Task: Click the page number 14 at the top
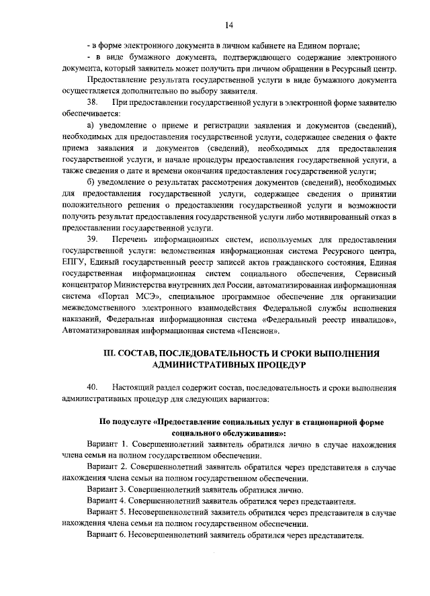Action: tap(228, 26)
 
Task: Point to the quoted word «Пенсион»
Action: tap(258, 331)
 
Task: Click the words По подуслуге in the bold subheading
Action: tap(125, 422)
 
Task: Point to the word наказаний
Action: tap(81, 320)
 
